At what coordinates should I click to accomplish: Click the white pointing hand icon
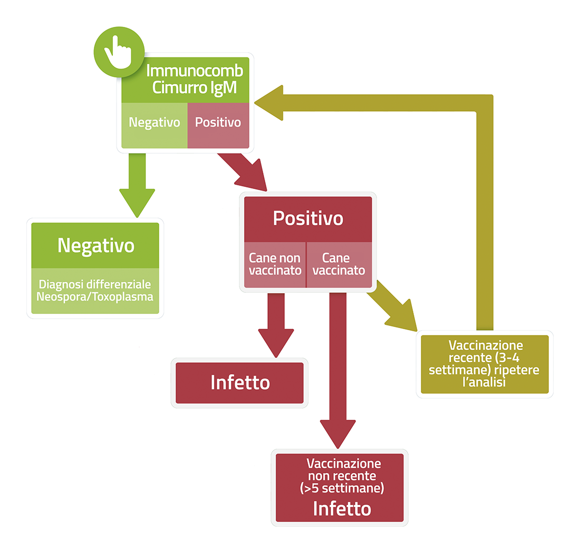coord(118,52)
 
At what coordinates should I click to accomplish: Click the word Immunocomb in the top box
coord(195,71)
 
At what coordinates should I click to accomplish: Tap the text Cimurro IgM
coord(195,88)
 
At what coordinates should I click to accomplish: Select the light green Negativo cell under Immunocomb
coord(154,125)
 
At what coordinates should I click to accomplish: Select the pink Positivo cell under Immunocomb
coord(218,125)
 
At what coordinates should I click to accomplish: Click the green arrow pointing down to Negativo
coord(137,185)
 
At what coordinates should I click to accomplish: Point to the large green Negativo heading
coord(96,245)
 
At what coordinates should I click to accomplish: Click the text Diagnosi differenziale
coord(95,284)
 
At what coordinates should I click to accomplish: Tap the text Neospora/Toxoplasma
coord(95,297)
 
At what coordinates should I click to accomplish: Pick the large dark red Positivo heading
coord(308,218)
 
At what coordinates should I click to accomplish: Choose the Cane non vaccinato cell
coord(275,264)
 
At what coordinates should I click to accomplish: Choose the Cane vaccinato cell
coord(339,264)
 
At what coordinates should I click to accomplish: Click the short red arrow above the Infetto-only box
coord(276,325)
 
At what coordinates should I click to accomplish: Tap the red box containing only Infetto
coord(240,383)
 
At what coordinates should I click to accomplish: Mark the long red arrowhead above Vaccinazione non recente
coord(337,433)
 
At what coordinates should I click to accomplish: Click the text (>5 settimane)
coord(342,488)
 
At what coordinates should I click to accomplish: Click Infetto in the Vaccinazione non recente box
coord(342,509)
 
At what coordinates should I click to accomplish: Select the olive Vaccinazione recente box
coord(485,364)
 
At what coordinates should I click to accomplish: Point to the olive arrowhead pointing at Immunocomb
coord(269,103)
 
